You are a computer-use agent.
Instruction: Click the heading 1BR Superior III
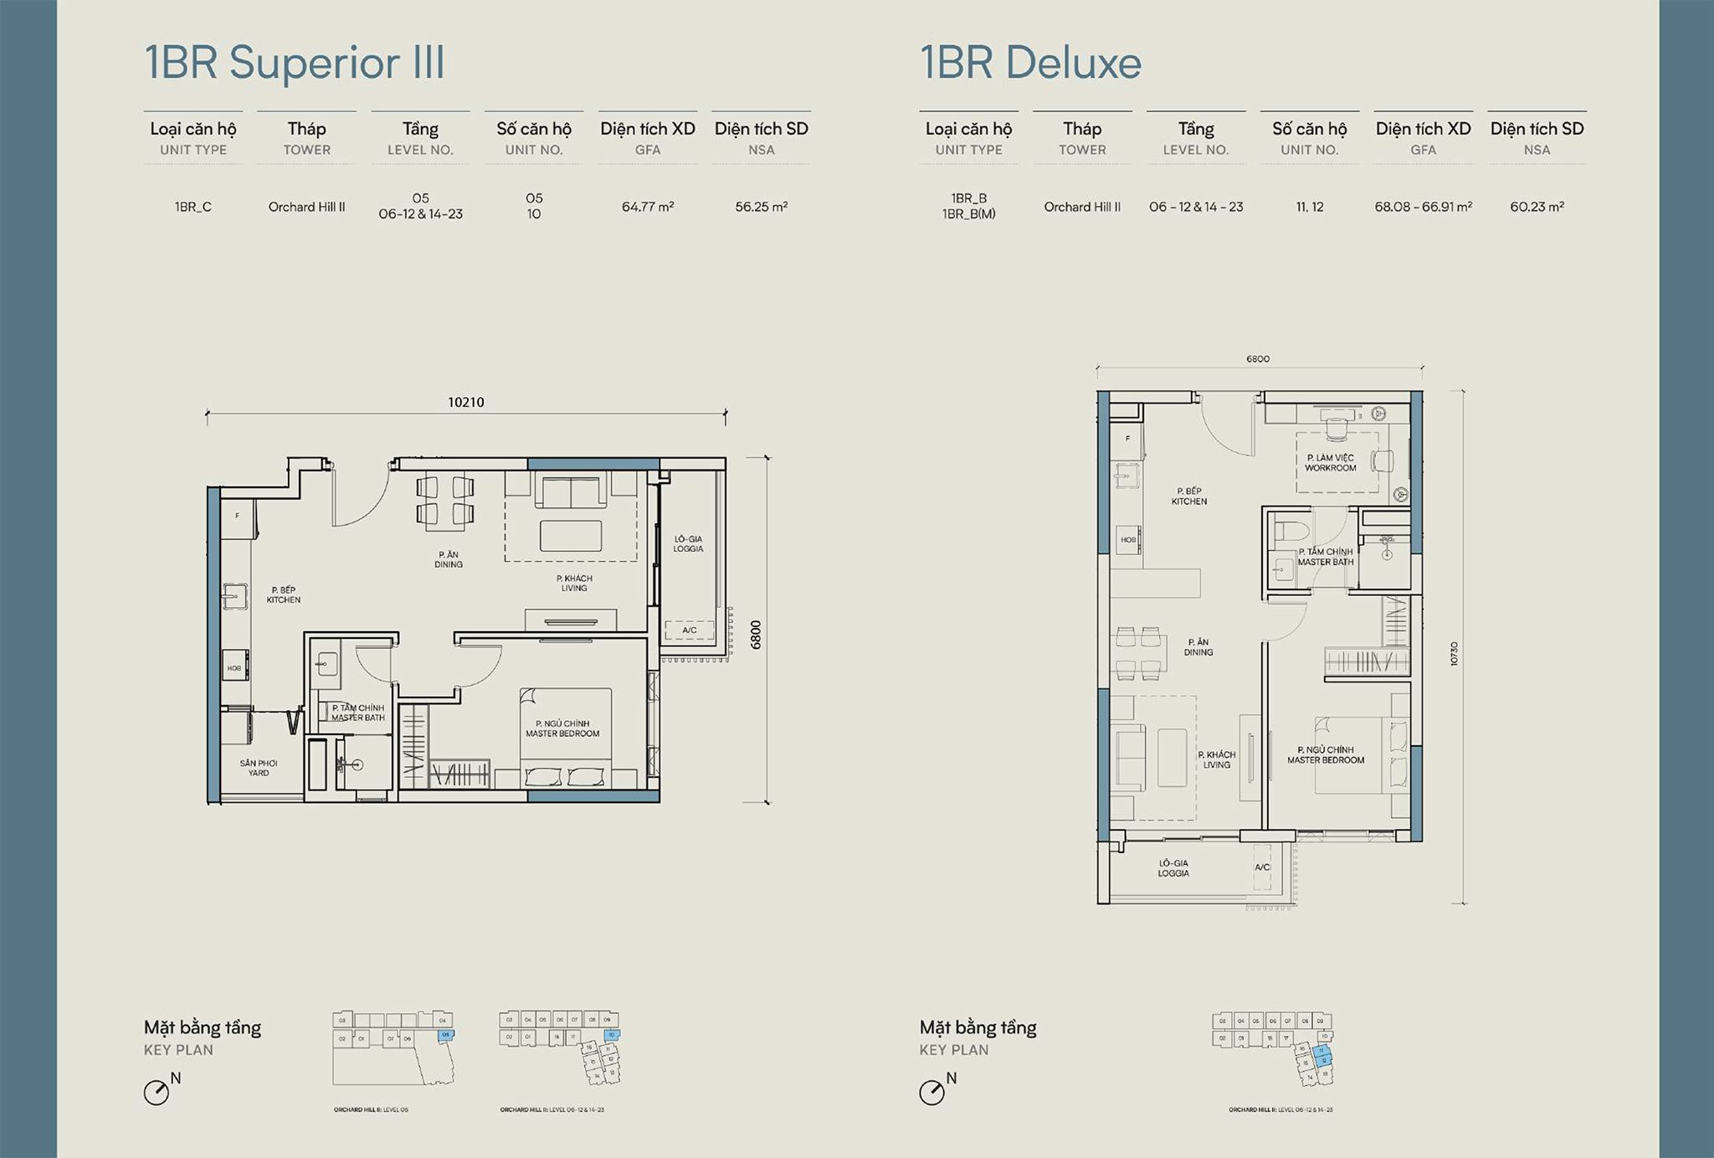(295, 63)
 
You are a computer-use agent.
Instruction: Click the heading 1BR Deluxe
(1030, 63)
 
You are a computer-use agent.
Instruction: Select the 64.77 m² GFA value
(647, 207)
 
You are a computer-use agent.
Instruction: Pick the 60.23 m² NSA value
(1537, 207)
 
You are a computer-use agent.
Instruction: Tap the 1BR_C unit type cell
(192, 207)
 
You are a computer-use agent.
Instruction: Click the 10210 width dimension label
(466, 402)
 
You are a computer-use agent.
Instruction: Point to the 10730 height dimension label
(1454, 654)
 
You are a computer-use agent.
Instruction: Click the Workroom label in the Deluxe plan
(1330, 463)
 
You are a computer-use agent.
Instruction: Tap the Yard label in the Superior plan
(258, 768)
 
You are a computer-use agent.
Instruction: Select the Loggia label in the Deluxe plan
(1173, 868)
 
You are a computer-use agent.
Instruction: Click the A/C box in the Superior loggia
(690, 630)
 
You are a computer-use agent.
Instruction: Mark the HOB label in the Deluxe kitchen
(1128, 540)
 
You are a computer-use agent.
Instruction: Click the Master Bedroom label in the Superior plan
(562, 728)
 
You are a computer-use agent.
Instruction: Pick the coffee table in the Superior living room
(571, 536)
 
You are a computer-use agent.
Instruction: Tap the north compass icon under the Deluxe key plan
(931, 1093)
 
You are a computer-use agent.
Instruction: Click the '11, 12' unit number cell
(1310, 207)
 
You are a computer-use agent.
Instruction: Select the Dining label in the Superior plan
(449, 559)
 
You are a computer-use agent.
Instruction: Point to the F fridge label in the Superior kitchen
(238, 516)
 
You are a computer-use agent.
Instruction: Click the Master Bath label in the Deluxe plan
(1326, 557)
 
